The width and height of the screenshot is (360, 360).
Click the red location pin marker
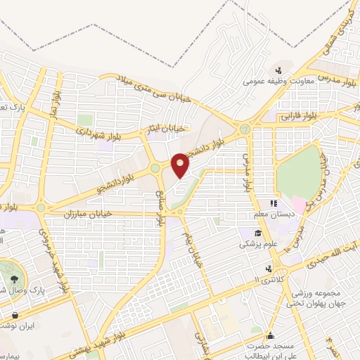tap(181, 165)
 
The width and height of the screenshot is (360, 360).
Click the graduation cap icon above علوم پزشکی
tap(259, 233)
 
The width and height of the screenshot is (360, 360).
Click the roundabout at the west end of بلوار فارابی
tap(245, 129)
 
